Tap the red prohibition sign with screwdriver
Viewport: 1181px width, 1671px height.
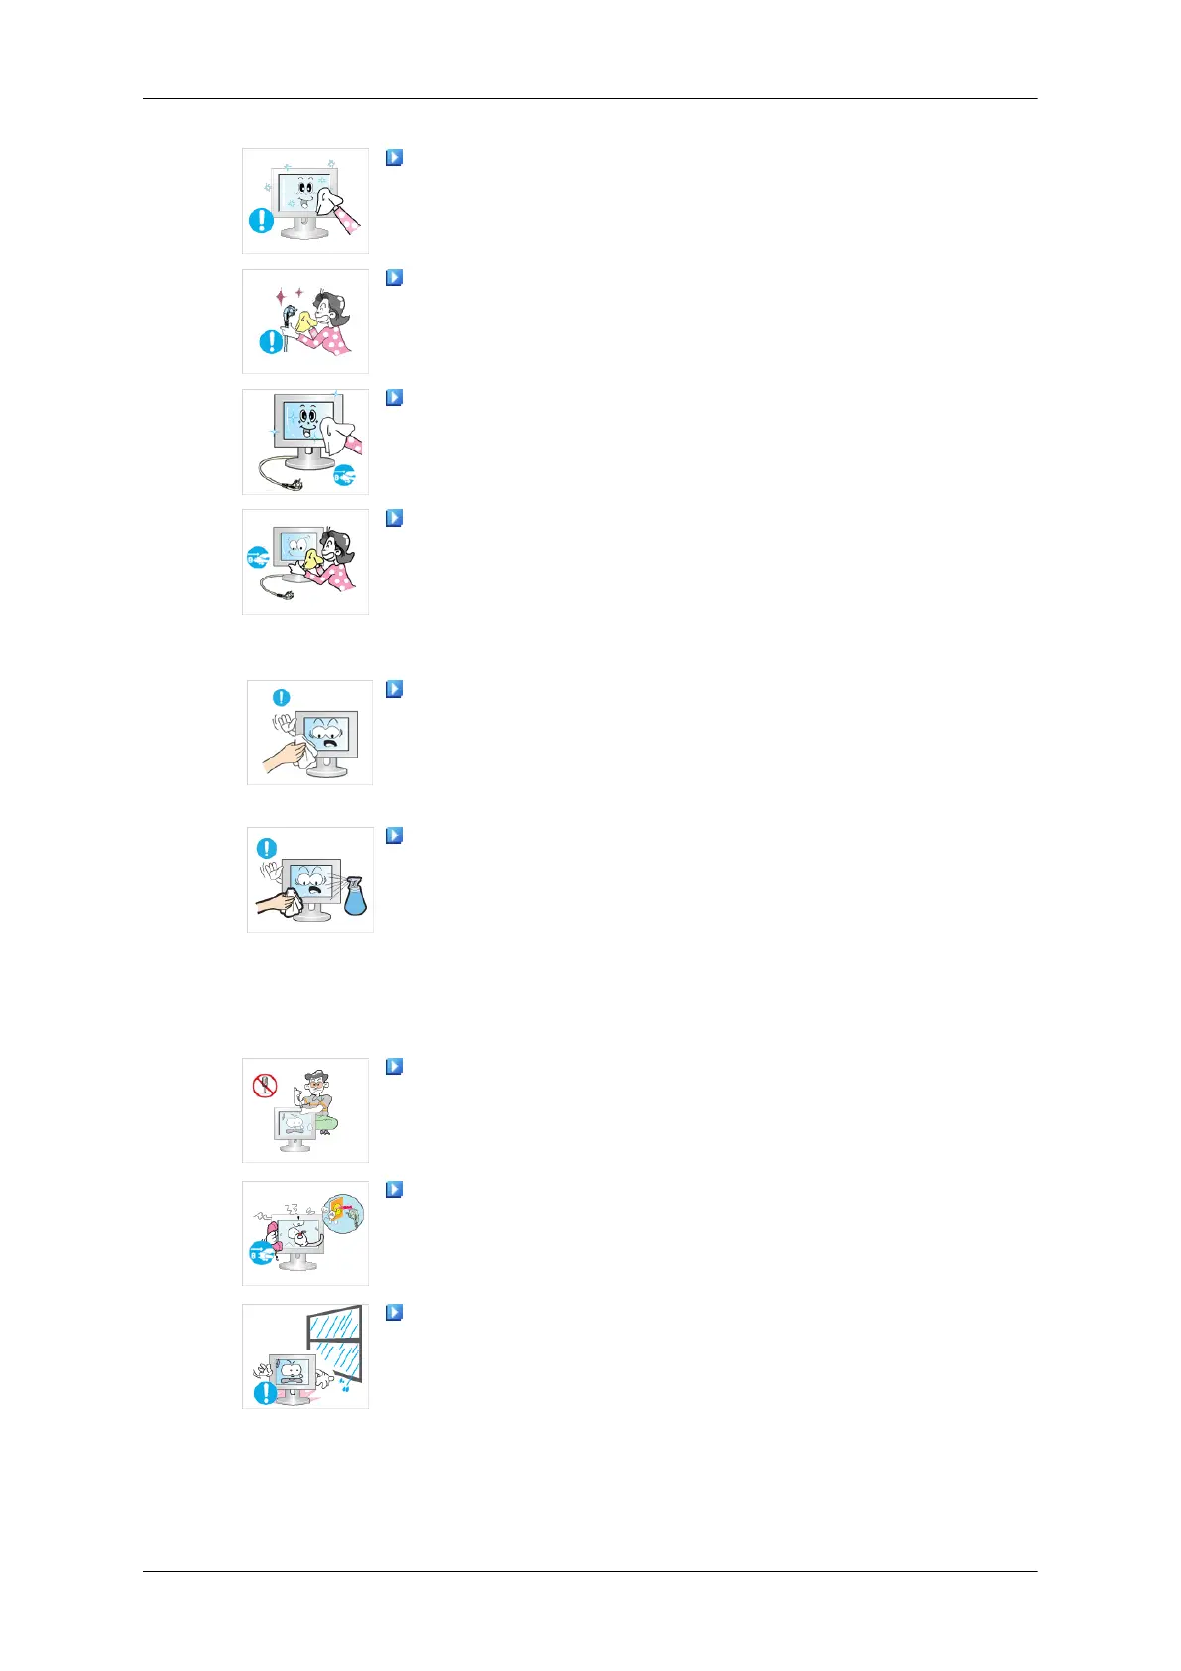click(x=264, y=1086)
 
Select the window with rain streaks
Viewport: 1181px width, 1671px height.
click(x=335, y=1343)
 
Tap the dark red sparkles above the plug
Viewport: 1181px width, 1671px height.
click(x=289, y=295)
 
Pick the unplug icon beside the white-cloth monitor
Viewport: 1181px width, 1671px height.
click(x=344, y=475)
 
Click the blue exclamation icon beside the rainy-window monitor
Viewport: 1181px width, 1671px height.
click(x=265, y=1392)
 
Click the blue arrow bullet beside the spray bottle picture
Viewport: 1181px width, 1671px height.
click(x=394, y=835)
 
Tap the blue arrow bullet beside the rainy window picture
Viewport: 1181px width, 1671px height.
click(x=394, y=1312)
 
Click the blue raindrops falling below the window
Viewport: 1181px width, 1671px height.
click(x=342, y=1385)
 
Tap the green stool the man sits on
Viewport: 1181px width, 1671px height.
click(x=326, y=1123)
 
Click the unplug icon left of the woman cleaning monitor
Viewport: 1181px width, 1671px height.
click(x=258, y=559)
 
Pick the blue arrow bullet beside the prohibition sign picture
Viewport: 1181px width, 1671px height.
click(x=394, y=1067)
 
